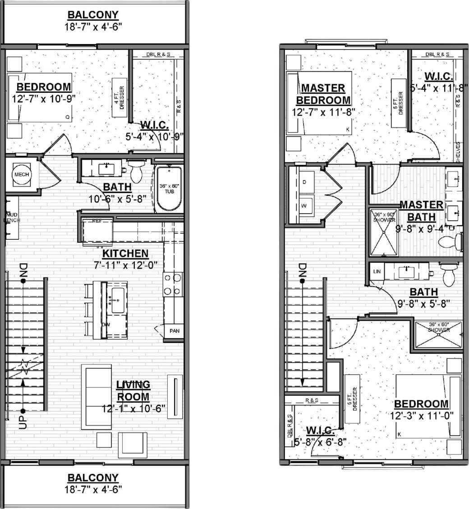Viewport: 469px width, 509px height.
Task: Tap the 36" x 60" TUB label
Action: click(170, 189)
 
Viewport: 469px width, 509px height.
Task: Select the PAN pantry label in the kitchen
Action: click(174, 331)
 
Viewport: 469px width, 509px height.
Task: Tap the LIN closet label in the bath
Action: click(376, 272)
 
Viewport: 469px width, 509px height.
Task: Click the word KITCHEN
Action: click(125, 254)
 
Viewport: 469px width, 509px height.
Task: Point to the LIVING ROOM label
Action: click(133, 391)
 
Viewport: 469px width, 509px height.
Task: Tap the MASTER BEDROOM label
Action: click(326, 94)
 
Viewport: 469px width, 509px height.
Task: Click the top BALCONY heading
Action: click(93, 15)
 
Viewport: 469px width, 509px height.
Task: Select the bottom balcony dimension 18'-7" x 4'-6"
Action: click(93, 488)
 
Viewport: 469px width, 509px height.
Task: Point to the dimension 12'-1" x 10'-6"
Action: click(133, 409)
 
